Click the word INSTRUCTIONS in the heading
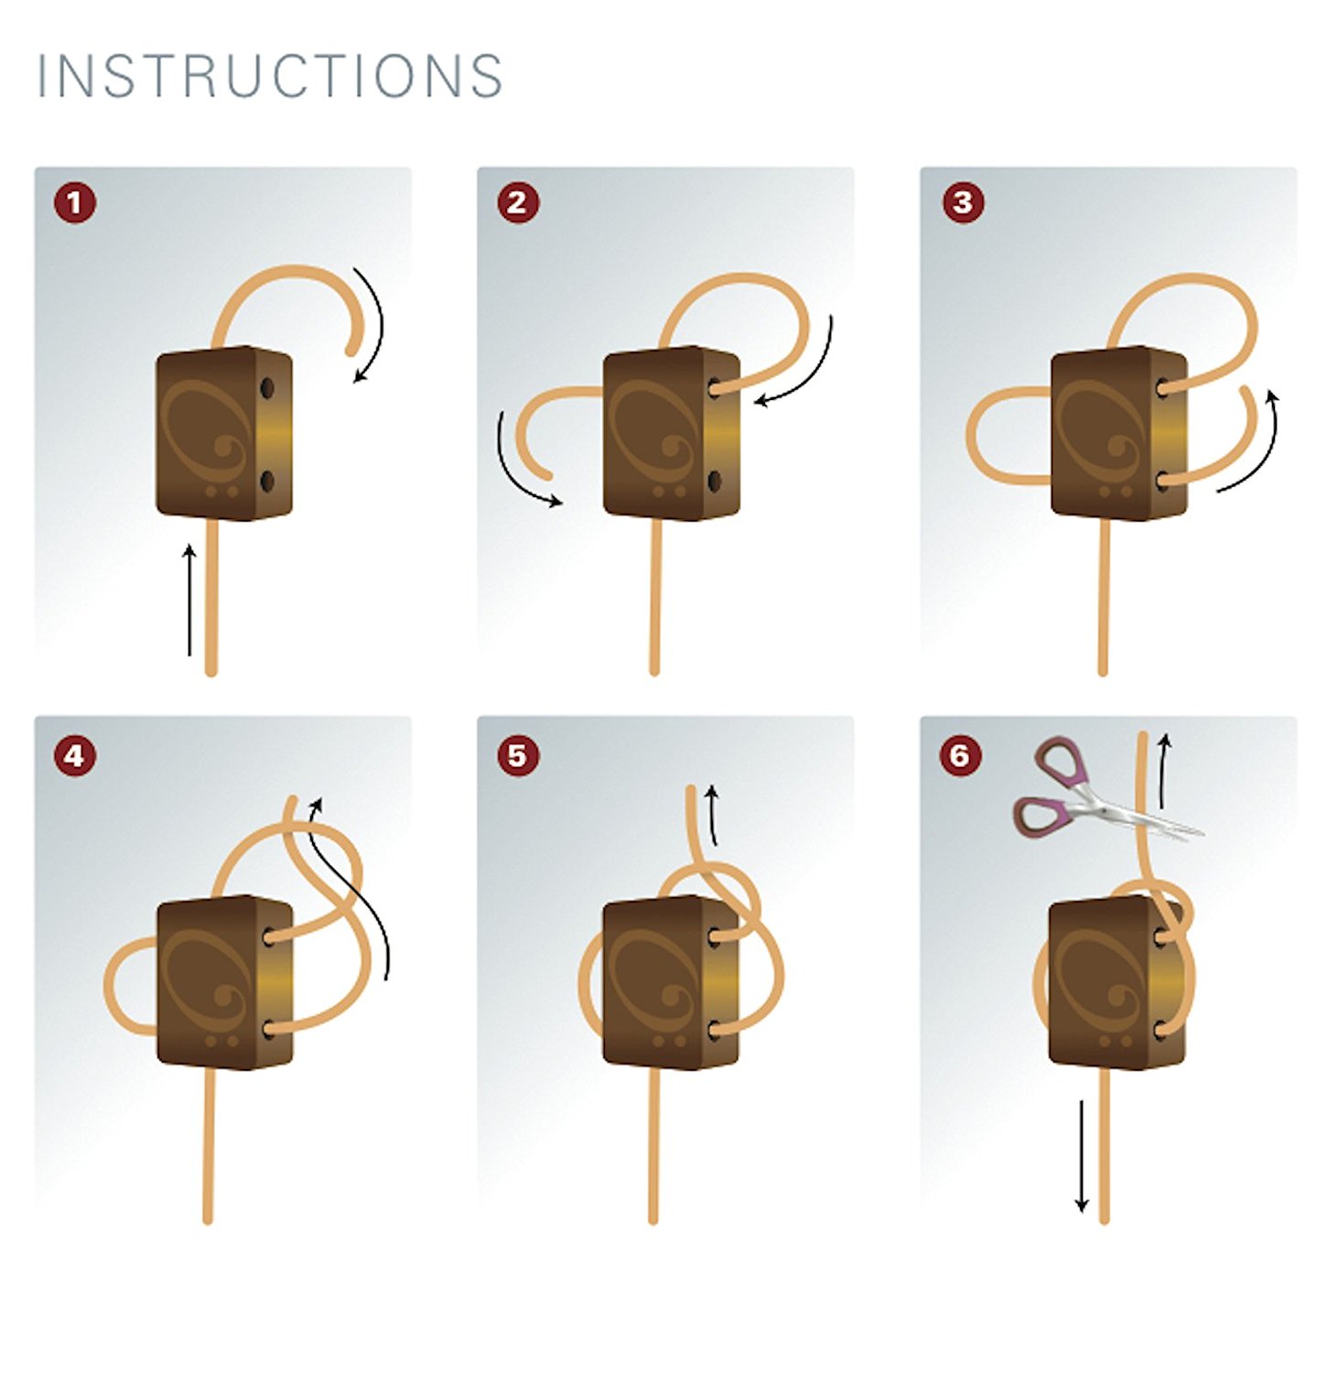pos(270,75)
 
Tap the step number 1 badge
pos(75,202)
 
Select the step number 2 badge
pos(518,202)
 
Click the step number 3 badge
pos(963,202)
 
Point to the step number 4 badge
pos(75,756)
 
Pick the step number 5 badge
pos(518,756)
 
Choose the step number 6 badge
pos(960,756)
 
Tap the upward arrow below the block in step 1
pos(189,600)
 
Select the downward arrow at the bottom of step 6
pos(1082,1156)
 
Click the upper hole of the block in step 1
pos(267,388)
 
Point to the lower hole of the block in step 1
pos(266,481)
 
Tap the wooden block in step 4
pos(225,982)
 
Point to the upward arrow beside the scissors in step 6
pos(1164,771)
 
